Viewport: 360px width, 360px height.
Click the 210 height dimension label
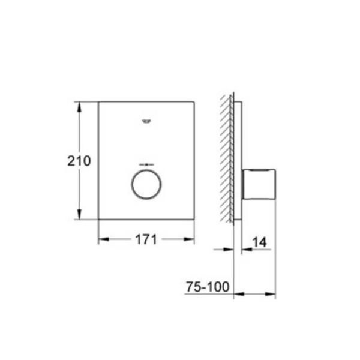(x=79, y=161)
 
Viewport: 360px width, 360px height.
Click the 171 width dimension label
(x=146, y=239)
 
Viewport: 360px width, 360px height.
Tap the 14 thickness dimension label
(x=260, y=242)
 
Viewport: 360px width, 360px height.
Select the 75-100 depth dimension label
(x=208, y=287)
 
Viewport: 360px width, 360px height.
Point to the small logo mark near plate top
(x=146, y=121)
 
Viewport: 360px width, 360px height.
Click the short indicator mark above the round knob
(x=146, y=164)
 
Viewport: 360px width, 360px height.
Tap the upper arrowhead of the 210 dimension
(x=79, y=107)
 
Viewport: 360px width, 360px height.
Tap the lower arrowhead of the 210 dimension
(x=79, y=214)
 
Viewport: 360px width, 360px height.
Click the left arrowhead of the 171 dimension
(x=104, y=239)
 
